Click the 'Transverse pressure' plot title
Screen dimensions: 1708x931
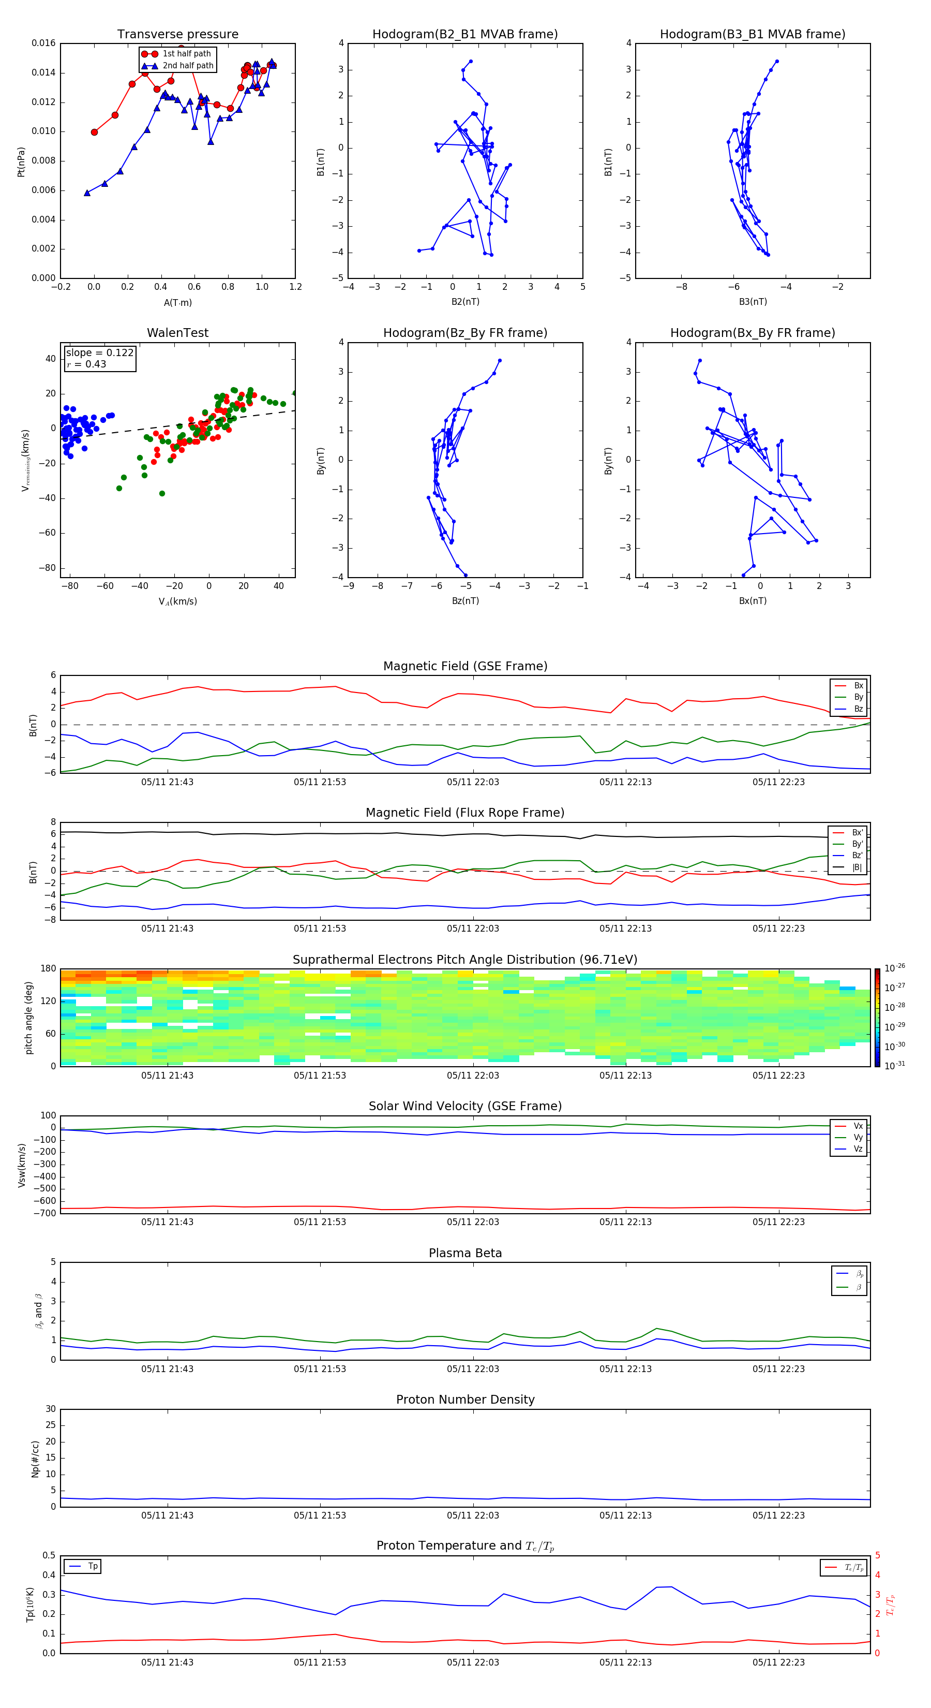pos(177,35)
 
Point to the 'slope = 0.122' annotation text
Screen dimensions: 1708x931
pos(99,353)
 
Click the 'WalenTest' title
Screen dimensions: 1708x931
pos(177,333)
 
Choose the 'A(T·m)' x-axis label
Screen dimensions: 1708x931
pos(177,302)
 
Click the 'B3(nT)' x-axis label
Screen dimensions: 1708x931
pos(753,302)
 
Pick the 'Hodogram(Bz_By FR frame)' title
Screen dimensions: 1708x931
pos(465,333)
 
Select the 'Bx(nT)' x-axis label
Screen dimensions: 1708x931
pos(753,601)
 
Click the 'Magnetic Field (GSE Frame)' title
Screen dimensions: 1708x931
pos(465,666)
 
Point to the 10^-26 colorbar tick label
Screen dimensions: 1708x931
pos(895,968)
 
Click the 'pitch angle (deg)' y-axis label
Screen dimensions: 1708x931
pos(28,1017)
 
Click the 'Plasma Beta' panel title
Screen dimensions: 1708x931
pos(465,1253)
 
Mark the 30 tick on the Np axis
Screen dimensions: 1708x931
pos(50,1409)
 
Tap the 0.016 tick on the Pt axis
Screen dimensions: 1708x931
pos(44,43)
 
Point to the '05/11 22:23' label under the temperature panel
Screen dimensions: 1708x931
pos(778,1662)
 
